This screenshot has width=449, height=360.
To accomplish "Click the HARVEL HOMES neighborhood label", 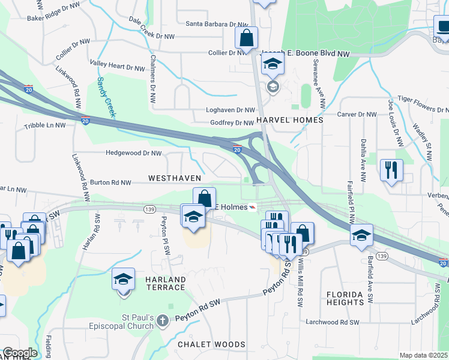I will coord(289,120).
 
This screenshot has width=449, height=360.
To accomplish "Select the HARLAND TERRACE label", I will coord(164,284).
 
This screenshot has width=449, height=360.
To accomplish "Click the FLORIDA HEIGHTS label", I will coord(345,298).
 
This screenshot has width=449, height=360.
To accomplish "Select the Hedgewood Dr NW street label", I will coord(133,153).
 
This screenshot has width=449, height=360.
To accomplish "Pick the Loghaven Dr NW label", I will coord(231,110).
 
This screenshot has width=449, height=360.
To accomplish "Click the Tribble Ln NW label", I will coord(44,126).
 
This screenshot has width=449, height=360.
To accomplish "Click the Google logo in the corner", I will coord(19,353).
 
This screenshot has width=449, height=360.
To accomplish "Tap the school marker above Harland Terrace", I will coord(124,280).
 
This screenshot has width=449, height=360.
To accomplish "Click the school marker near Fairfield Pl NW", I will coord(361,235).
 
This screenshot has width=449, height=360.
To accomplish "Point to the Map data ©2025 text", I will coord(423,355).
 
